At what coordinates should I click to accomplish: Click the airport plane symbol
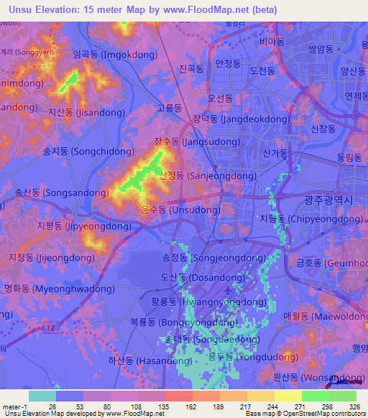(228, 289)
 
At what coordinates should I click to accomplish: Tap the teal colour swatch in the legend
(42, 396)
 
